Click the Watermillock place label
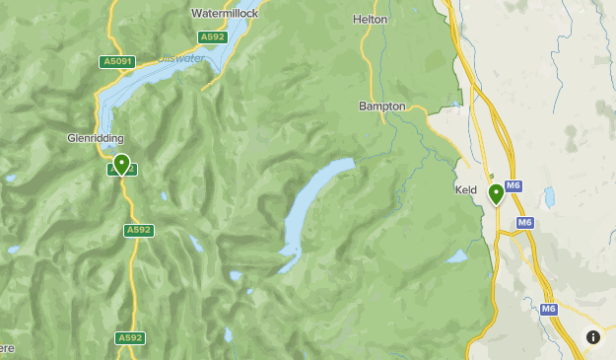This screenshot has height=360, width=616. pyautogui.click(x=225, y=14)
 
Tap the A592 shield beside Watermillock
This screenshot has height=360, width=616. pyautogui.click(x=211, y=37)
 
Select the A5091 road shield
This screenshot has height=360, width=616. pyautogui.click(x=116, y=62)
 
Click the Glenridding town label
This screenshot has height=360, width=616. pyautogui.click(x=96, y=138)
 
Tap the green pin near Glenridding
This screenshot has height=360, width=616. pyautogui.click(x=121, y=163)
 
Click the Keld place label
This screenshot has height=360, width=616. pyautogui.click(x=466, y=189)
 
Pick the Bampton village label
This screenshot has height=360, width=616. pyautogui.click(x=383, y=106)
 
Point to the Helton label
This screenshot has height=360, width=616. pyautogui.click(x=370, y=19)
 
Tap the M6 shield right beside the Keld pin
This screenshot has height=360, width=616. pyautogui.click(x=513, y=185)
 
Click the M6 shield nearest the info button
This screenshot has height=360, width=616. pyautogui.click(x=548, y=309)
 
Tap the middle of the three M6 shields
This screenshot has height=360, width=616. pyautogui.click(x=525, y=223)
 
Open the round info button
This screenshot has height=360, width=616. pyautogui.click(x=593, y=337)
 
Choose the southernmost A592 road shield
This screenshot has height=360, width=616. pyautogui.click(x=130, y=337)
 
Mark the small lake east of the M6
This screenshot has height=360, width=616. pyautogui.click(x=549, y=196)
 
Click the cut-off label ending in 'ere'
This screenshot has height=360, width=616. pyautogui.click(x=6, y=348)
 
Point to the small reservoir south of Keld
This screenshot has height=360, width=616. pyautogui.click(x=457, y=256)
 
